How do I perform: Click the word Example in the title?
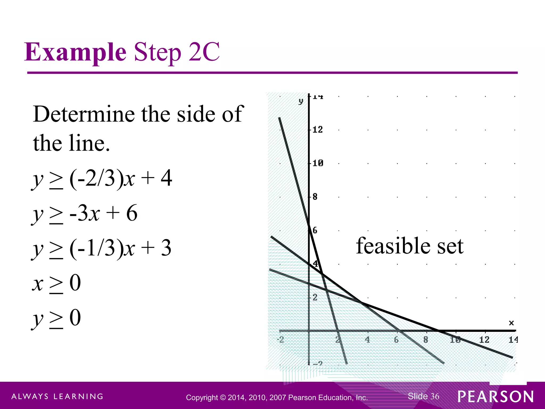[x=75, y=52]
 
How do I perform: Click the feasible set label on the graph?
[x=410, y=246]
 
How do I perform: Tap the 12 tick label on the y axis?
[x=317, y=130]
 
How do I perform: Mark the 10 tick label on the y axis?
[x=318, y=163]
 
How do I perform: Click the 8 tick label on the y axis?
[x=315, y=197]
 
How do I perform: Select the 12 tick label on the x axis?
[x=484, y=340]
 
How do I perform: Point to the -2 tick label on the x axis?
[x=280, y=340]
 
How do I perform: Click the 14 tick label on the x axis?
[x=513, y=340]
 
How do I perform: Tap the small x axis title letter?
[x=511, y=323]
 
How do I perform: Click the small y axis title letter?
[x=301, y=101]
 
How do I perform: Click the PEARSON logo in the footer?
[x=496, y=396]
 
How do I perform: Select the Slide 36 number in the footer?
[x=423, y=396]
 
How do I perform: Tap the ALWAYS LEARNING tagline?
[x=57, y=396]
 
